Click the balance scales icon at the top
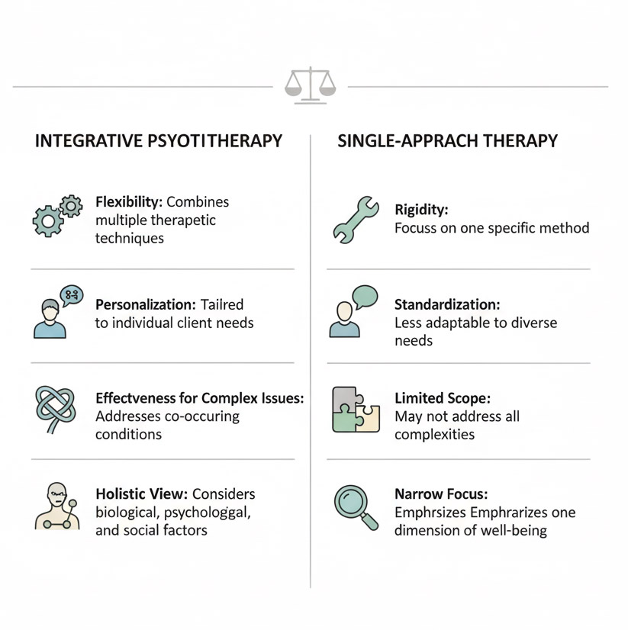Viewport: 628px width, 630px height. (310, 85)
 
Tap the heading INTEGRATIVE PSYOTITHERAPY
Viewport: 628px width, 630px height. (159, 141)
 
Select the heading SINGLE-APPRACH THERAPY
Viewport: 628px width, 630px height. (447, 141)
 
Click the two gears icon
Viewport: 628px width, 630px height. (57, 216)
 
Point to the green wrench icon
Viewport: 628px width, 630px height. (356, 220)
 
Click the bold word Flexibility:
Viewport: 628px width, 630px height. (129, 201)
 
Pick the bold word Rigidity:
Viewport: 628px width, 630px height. (421, 209)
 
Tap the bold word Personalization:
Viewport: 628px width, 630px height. (146, 304)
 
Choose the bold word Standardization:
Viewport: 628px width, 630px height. (447, 304)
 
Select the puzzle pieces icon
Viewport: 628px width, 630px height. (356, 409)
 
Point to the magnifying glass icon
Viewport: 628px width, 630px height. (356, 507)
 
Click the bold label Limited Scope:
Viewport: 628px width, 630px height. (443, 398)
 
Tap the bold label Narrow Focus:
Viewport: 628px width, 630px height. (441, 493)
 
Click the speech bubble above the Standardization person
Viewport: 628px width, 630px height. (365, 297)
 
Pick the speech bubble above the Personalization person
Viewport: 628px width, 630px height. (72, 295)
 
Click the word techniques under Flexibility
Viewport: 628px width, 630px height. (130, 238)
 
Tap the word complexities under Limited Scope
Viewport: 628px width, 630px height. (435, 434)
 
